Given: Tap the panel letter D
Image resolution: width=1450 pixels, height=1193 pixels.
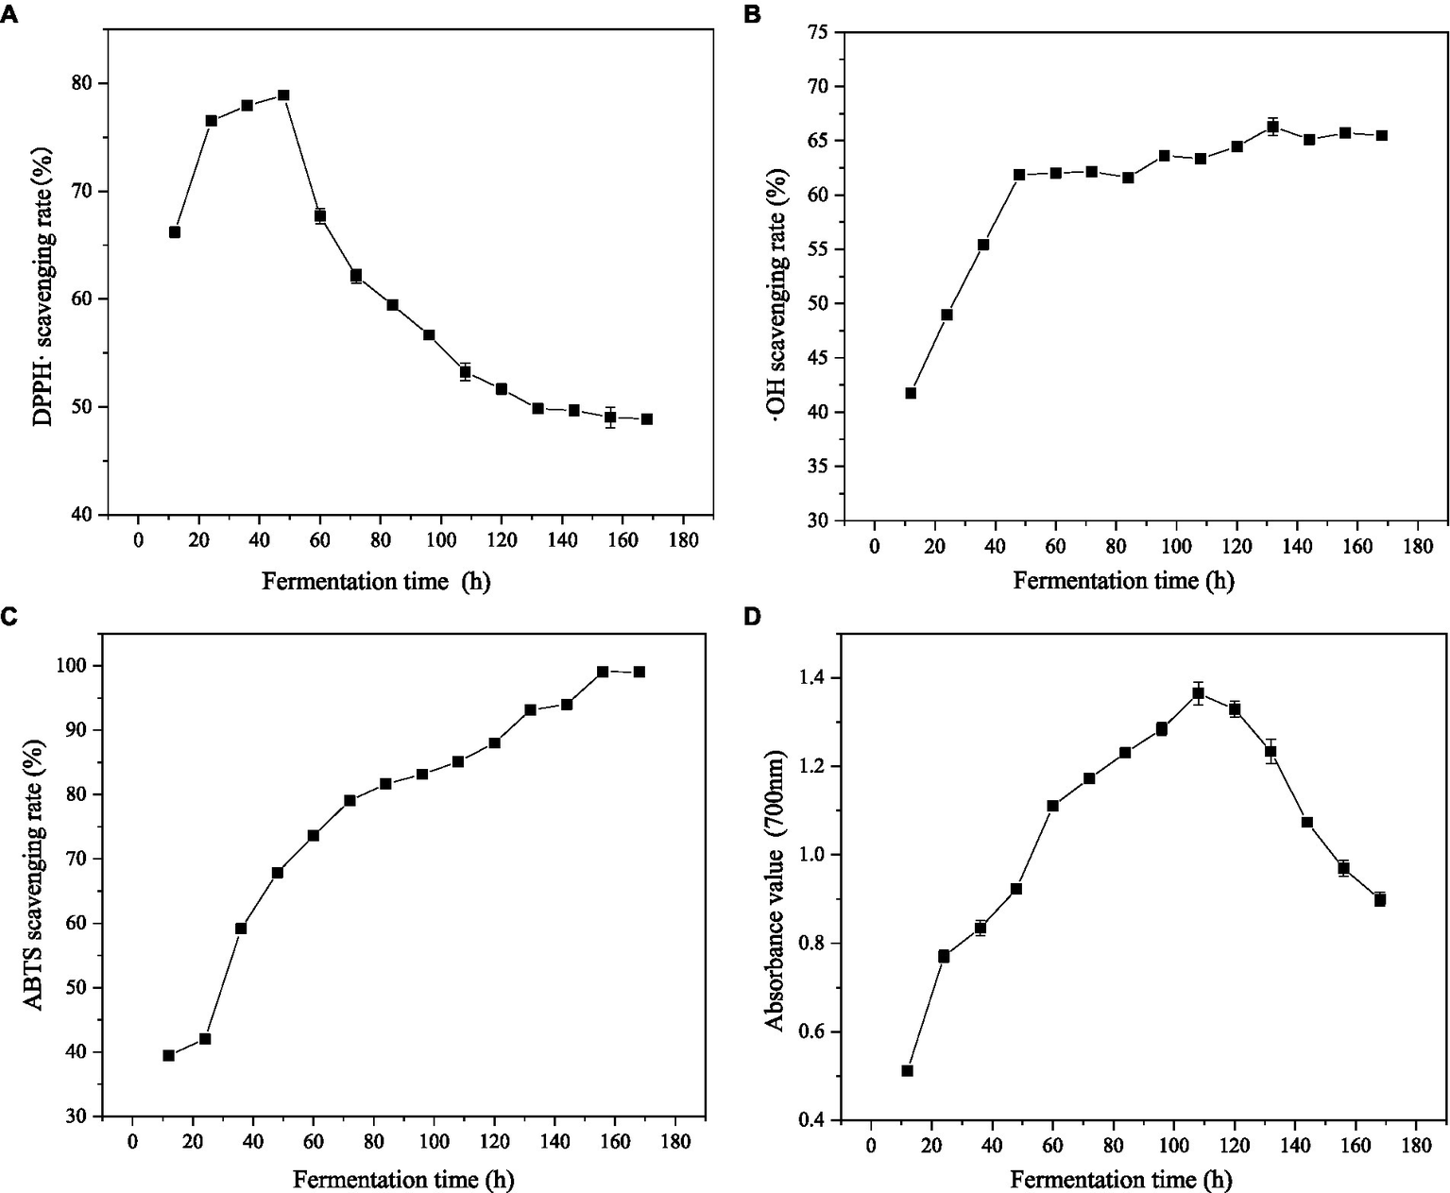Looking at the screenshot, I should click(x=753, y=617).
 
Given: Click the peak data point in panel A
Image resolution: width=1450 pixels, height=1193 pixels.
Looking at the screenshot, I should click(x=283, y=95).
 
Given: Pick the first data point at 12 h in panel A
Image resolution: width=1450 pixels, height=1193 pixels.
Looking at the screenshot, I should click(x=175, y=232).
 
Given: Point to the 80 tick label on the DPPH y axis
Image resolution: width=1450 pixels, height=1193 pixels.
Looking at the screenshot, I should click(x=83, y=83).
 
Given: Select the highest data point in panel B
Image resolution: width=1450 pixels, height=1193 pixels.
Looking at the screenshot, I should click(x=1272, y=127).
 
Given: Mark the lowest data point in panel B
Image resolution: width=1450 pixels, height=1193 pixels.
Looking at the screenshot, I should click(x=911, y=393).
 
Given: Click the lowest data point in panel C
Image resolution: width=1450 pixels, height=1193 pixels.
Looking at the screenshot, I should click(x=168, y=1056).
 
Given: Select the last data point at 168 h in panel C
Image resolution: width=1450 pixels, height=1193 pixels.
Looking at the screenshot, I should click(x=640, y=672).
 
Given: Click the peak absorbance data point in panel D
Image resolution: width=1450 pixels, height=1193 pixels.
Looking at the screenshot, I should click(x=1198, y=693).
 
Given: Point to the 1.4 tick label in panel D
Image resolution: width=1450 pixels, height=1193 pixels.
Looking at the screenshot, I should click(x=813, y=678).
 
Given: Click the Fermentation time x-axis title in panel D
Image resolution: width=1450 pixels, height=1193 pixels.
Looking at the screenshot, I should click(x=1121, y=1179).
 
